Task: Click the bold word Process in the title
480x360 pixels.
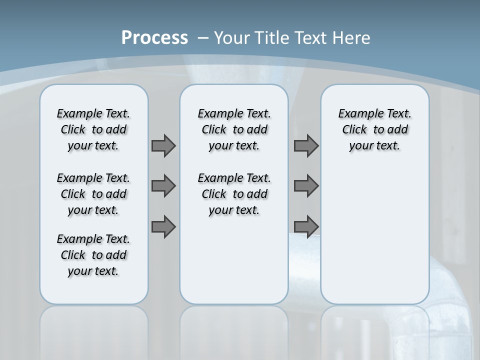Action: [x=154, y=38]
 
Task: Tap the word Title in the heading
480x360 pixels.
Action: [x=273, y=38]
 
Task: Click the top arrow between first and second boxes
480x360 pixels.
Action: [x=163, y=145]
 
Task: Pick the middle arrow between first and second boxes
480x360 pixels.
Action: [x=163, y=186]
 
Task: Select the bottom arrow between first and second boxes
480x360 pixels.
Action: [x=163, y=226]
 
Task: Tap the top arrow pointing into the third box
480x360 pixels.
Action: [x=306, y=145]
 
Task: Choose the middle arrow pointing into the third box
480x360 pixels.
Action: [x=306, y=186]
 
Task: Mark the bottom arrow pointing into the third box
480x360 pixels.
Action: [x=306, y=226]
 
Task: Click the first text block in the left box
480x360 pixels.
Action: [x=93, y=129]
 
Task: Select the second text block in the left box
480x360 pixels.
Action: [x=93, y=194]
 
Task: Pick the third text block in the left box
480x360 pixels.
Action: [x=93, y=255]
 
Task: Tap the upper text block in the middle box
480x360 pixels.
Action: [x=234, y=129]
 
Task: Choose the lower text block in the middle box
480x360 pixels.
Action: [x=234, y=194]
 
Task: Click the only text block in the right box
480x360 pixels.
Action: [x=374, y=129]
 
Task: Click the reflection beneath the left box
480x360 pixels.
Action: [x=93, y=330]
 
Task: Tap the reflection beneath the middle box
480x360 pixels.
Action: [x=234, y=330]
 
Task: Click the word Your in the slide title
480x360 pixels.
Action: [x=233, y=38]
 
